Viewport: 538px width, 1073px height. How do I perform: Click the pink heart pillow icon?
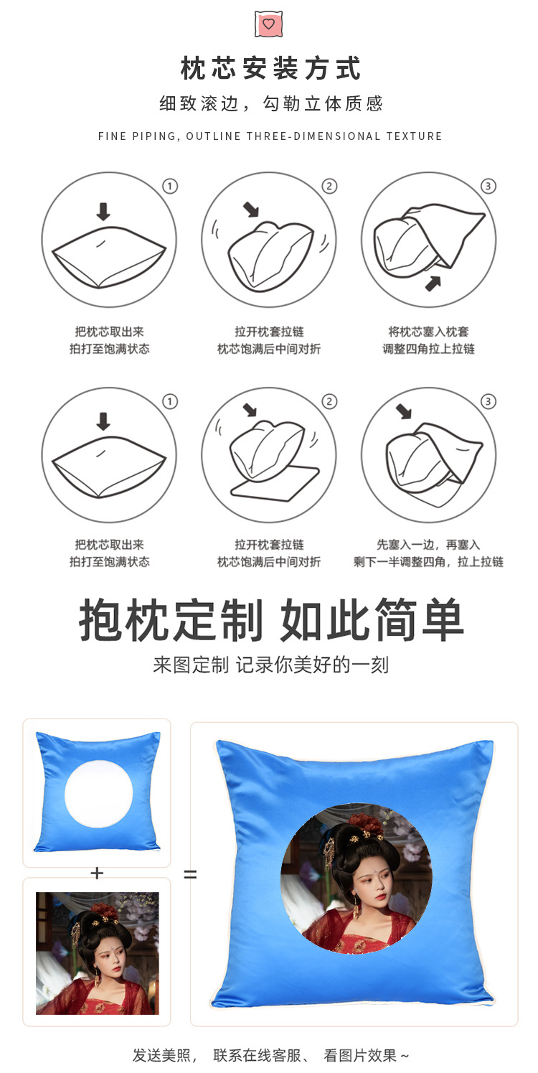(x=268, y=24)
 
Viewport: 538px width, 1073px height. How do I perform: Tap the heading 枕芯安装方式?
(x=270, y=70)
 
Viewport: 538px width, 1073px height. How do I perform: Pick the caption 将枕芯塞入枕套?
(x=428, y=332)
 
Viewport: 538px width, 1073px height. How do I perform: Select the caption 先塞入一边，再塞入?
(x=428, y=545)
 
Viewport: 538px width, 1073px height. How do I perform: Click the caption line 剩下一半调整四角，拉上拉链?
(x=428, y=562)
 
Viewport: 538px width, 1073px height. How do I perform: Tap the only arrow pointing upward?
(x=433, y=283)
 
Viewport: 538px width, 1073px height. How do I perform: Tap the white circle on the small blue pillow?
(x=98, y=794)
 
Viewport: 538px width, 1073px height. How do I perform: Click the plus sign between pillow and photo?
(x=97, y=873)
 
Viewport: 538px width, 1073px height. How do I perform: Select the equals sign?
(x=190, y=875)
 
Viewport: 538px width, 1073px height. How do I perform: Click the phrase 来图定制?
(x=190, y=665)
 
